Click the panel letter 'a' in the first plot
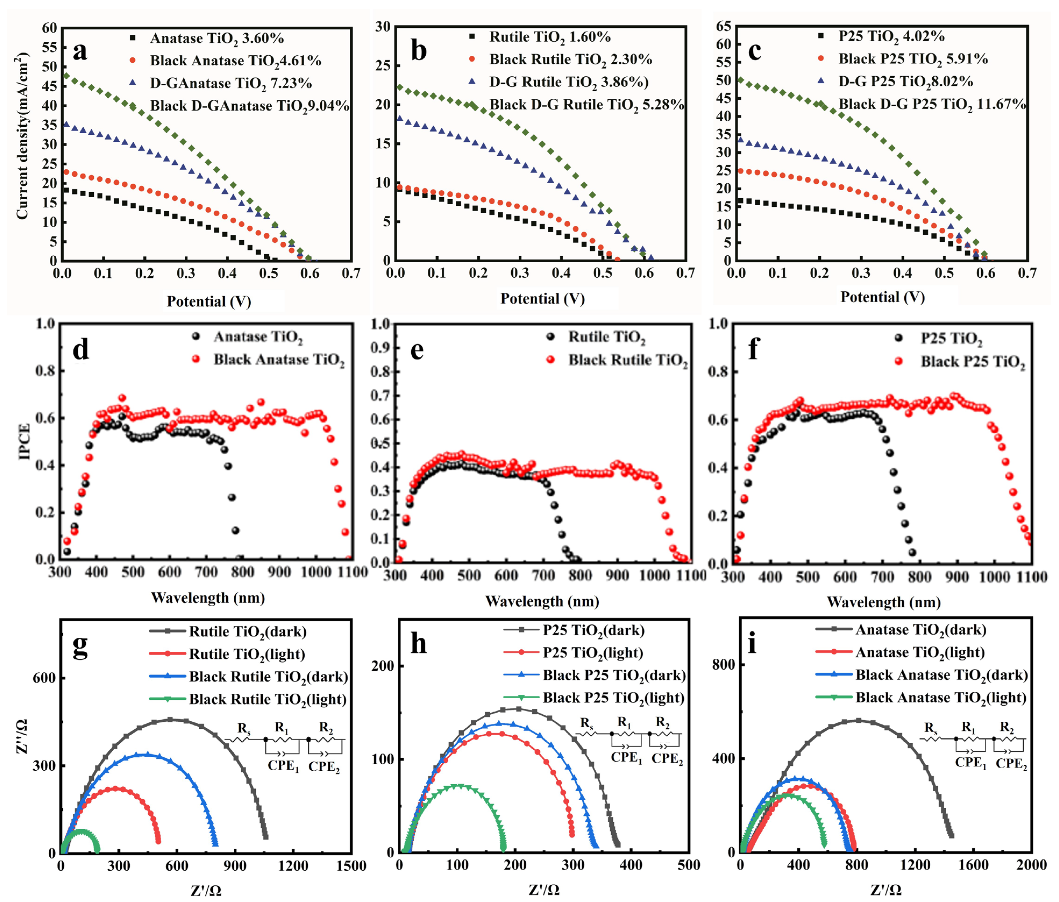click(80, 51)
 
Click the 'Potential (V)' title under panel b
click(542, 299)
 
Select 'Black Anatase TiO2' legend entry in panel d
click(279, 360)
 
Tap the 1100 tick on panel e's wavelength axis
click(691, 576)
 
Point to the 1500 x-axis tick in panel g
click(352, 866)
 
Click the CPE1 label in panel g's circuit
click(283, 765)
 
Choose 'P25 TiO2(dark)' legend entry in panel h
click(593, 630)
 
